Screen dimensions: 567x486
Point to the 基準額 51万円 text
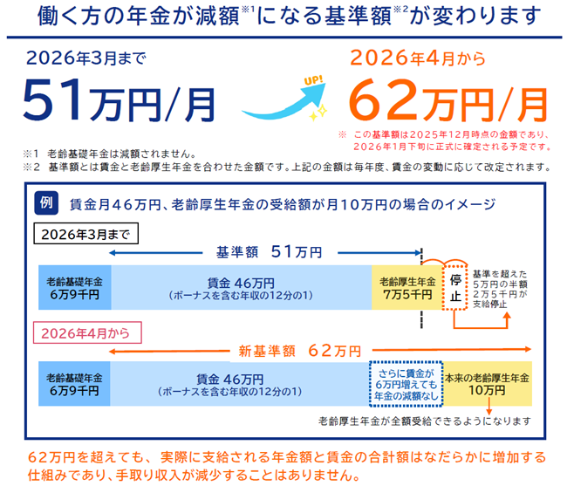[269, 252]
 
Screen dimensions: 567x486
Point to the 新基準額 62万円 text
[299, 351]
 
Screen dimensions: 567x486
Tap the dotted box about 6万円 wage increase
[405, 385]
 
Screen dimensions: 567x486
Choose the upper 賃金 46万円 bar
[241, 287]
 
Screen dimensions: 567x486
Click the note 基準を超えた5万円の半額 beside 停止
[505, 285]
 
